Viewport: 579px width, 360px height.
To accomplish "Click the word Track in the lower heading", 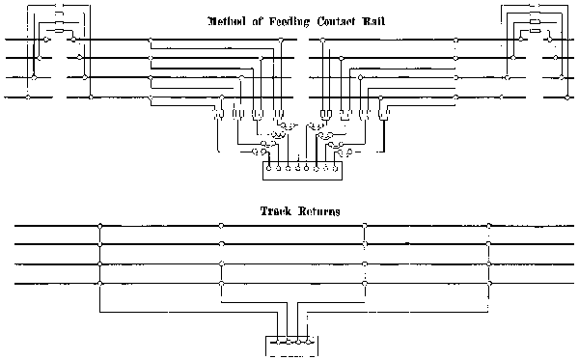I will pos(276,210).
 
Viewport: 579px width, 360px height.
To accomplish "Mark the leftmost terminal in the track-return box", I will pos(275,341).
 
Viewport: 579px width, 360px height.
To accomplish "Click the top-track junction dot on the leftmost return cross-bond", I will pos(99,226).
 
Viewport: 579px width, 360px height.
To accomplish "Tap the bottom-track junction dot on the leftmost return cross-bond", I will pos(99,283).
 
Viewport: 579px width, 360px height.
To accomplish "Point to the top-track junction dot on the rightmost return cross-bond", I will pos(489,226).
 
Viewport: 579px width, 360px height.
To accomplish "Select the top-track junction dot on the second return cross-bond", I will pos(222,226).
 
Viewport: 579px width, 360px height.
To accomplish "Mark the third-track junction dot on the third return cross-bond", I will pos(364,263).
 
